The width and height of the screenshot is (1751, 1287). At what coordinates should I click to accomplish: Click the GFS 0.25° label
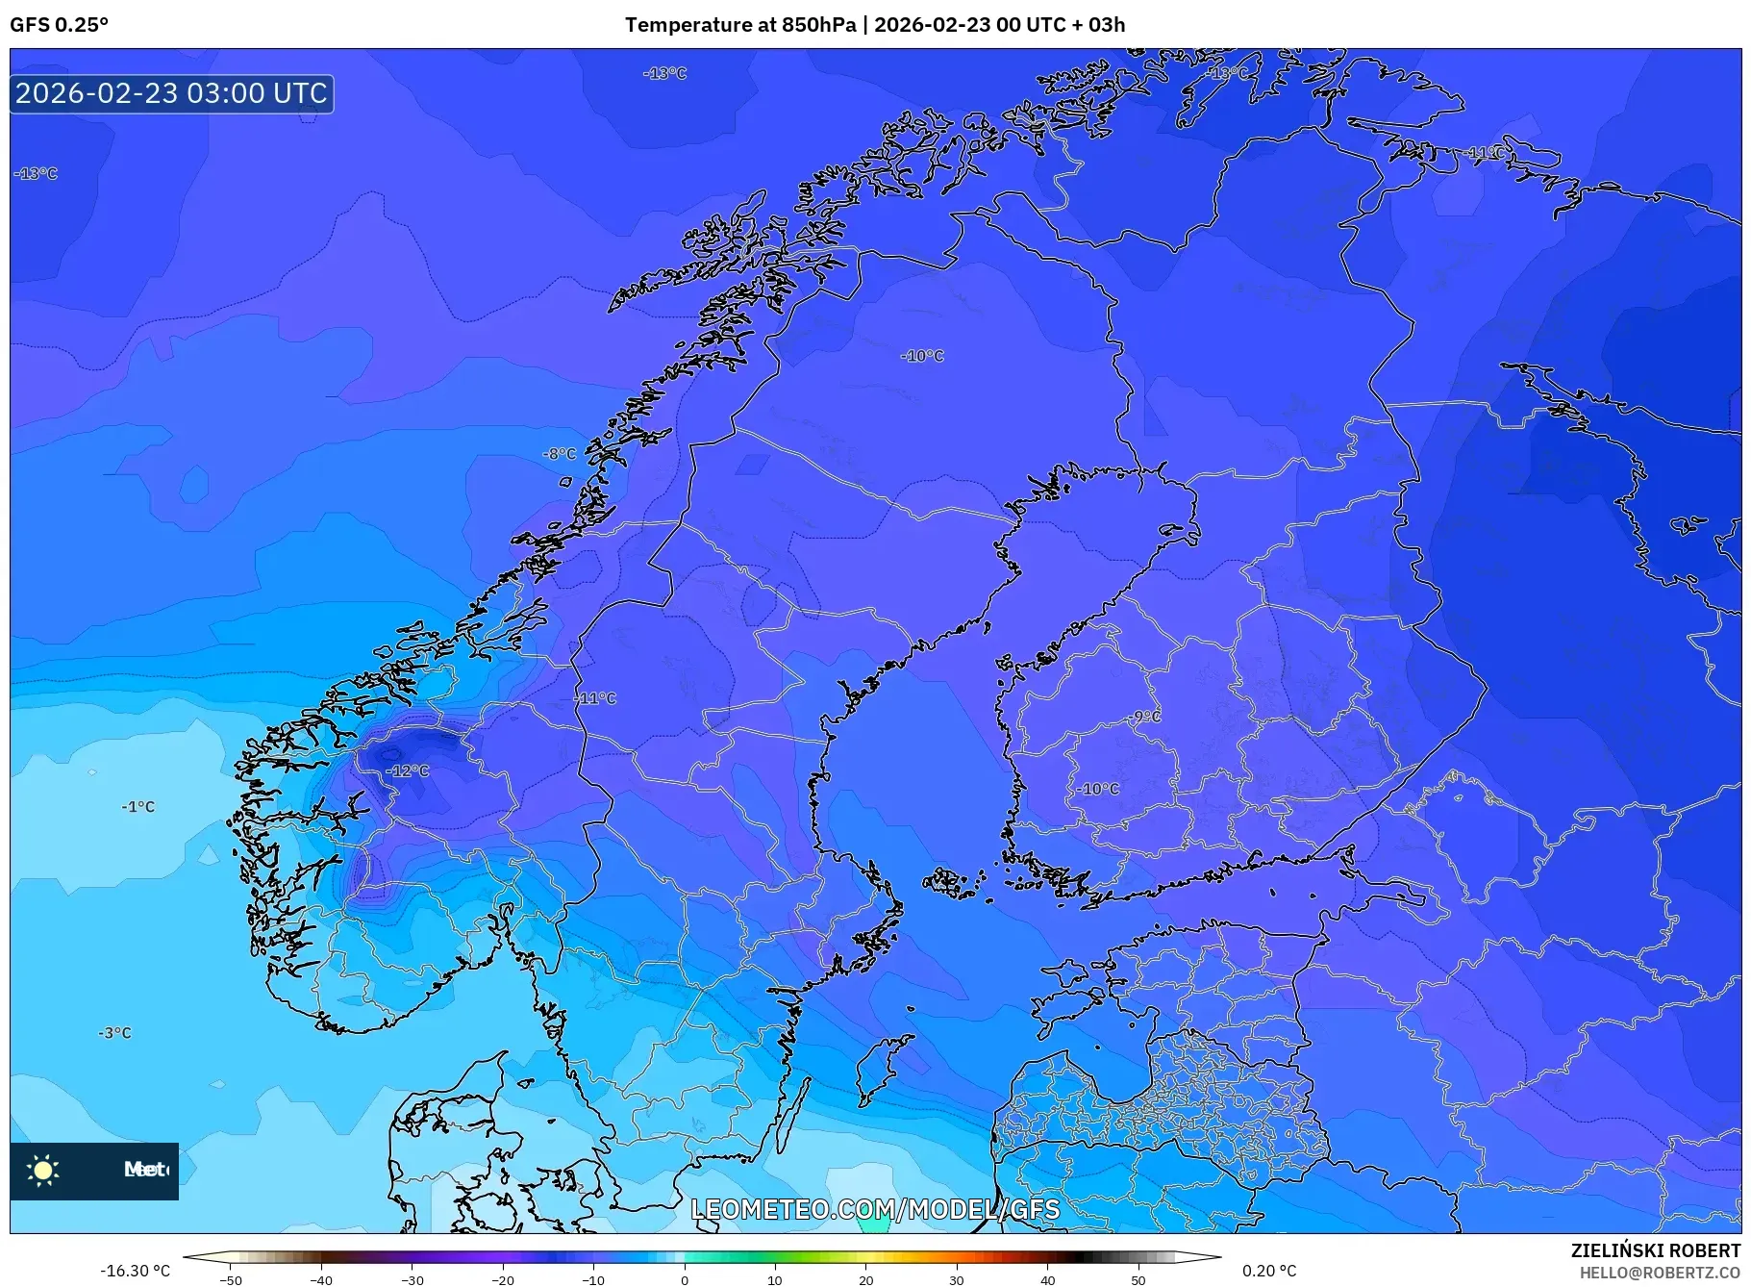tap(59, 25)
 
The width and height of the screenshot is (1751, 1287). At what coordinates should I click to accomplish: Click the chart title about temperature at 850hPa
tap(874, 25)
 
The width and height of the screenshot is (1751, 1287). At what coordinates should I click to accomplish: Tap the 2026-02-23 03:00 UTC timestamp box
tap(172, 93)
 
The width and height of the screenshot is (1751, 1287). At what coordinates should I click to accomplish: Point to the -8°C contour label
tap(560, 454)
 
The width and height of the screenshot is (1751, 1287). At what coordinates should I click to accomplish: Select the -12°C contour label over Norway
tap(408, 771)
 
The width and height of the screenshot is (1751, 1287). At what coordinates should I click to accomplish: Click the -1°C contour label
tap(138, 807)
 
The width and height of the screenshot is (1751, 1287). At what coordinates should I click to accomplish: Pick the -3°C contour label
tap(114, 1033)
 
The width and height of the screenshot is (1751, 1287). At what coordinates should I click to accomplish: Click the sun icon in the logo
tap(43, 1171)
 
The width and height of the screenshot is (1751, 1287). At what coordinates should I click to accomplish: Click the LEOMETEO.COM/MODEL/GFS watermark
tap(875, 1209)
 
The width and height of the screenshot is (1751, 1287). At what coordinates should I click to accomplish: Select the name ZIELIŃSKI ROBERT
tap(1655, 1251)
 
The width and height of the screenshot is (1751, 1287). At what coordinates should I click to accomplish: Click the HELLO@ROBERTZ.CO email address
tap(1660, 1273)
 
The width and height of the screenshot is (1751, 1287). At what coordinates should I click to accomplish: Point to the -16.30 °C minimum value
tap(135, 1271)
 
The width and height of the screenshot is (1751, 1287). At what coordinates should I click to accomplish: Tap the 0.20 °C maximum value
tap(1269, 1271)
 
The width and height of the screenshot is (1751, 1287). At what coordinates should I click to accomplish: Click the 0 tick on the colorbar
tap(685, 1280)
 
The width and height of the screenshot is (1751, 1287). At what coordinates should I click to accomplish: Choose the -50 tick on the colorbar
tap(231, 1280)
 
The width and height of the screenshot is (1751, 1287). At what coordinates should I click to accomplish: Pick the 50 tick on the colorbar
tap(1138, 1280)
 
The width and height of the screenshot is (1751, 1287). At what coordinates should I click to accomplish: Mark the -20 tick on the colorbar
tap(503, 1280)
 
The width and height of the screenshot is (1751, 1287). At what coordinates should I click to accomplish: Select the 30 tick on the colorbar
tap(957, 1280)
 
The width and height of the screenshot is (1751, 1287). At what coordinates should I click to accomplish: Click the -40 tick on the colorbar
tap(321, 1280)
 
